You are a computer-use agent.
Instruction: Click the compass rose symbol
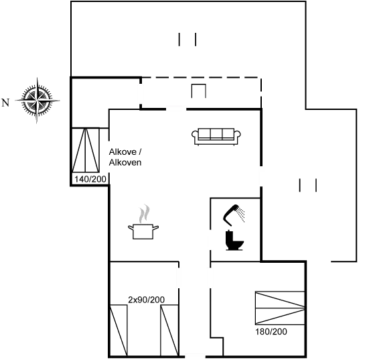click(37, 101)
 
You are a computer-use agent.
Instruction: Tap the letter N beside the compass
click(5, 103)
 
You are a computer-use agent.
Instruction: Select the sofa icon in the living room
click(216, 137)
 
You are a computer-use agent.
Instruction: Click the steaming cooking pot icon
click(143, 222)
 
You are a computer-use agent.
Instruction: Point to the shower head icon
click(231, 215)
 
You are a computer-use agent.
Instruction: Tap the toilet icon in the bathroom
click(234, 240)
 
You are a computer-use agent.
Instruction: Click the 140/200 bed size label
click(90, 179)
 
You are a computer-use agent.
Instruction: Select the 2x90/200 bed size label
click(147, 300)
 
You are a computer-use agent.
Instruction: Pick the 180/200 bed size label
click(271, 332)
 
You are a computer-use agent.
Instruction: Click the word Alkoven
click(125, 162)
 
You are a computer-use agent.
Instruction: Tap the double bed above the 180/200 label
click(280, 308)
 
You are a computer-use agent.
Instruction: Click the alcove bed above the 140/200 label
click(86, 150)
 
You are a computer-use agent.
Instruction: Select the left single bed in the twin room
click(119, 331)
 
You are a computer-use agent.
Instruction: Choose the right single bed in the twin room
click(169, 331)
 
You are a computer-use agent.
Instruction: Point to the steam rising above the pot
click(145, 213)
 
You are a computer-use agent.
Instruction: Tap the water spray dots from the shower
click(241, 215)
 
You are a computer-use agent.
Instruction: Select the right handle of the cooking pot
click(155, 227)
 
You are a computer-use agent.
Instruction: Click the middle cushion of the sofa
click(216, 133)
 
